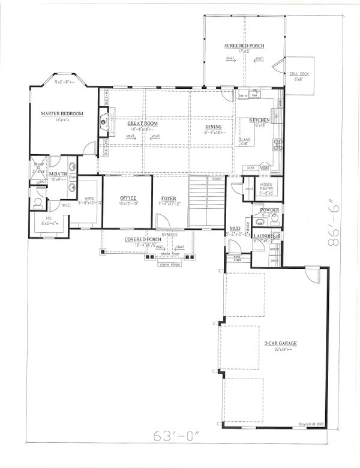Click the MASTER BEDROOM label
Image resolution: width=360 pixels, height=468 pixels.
pos(62,113)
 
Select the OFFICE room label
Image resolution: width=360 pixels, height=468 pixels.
pos(127,198)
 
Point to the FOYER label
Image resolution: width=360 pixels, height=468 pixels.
pos(169,198)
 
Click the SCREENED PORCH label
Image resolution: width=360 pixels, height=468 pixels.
pos(244,46)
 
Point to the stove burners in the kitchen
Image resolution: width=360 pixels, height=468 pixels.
pos(278,145)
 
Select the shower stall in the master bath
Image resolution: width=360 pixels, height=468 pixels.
pos(41,168)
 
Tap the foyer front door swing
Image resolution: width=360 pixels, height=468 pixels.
pos(162,223)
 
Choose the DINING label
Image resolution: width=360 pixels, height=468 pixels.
pos(213,127)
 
